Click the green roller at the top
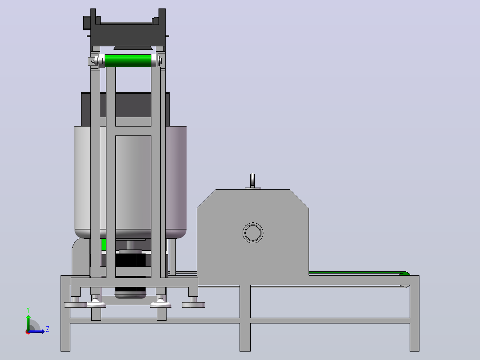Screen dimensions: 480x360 coord(128,61)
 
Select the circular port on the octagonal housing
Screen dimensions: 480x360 coord(253,233)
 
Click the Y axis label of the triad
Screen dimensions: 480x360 coord(28,310)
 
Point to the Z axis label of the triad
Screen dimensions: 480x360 coord(48,329)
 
